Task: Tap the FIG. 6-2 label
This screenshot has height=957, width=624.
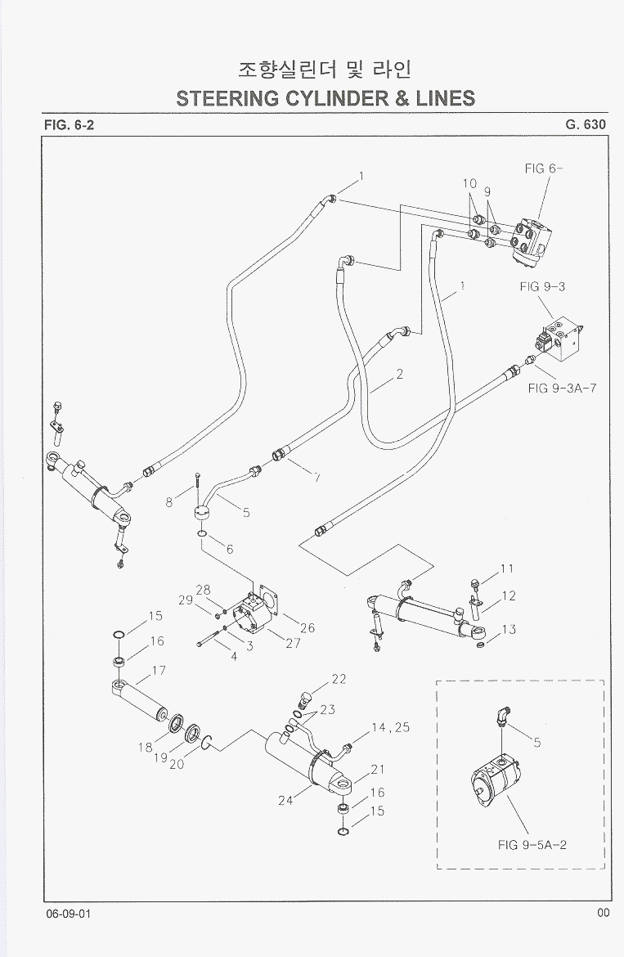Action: tap(69, 125)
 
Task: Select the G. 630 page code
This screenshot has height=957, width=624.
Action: tap(585, 125)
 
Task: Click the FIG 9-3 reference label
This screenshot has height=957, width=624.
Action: tap(541, 287)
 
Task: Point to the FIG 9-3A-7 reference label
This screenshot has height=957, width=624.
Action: tap(563, 387)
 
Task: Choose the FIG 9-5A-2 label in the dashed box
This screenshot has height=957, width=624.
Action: tap(532, 845)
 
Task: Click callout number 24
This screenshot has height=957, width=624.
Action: tap(285, 800)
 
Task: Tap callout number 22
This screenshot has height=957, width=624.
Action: tap(339, 679)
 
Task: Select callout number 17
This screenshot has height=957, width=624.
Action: tap(159, 670)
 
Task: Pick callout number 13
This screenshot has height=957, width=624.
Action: tap(509, 629)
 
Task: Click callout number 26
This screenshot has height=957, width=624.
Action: tap(308, 628)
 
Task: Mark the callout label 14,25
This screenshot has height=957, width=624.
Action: tap(390, 727)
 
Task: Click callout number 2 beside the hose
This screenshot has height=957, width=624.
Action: tap(400, 375)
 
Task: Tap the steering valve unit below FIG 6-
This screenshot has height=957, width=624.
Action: tap(533, 242)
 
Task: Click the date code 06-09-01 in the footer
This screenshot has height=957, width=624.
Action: tap(69, 913)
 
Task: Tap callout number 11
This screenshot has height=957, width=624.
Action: tap(507, 568)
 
